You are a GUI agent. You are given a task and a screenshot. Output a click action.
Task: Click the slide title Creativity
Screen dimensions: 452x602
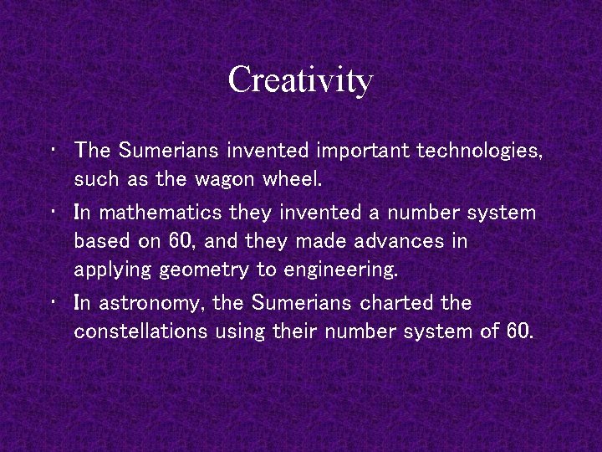(x=300, y=80)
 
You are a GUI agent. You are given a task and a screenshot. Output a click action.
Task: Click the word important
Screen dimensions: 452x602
(x=364, y=151)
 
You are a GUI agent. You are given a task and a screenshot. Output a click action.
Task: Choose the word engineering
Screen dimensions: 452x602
(x=340, y=270)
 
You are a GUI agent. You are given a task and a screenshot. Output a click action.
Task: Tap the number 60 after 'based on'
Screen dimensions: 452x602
(x=181, y=241)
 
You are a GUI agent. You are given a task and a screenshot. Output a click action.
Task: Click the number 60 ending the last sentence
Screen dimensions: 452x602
(x=518, y=331)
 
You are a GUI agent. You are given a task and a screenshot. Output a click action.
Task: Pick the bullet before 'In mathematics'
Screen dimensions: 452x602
(x=53, y=211)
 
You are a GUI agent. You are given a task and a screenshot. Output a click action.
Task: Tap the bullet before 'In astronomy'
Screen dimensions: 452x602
(x=53, y=301)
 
